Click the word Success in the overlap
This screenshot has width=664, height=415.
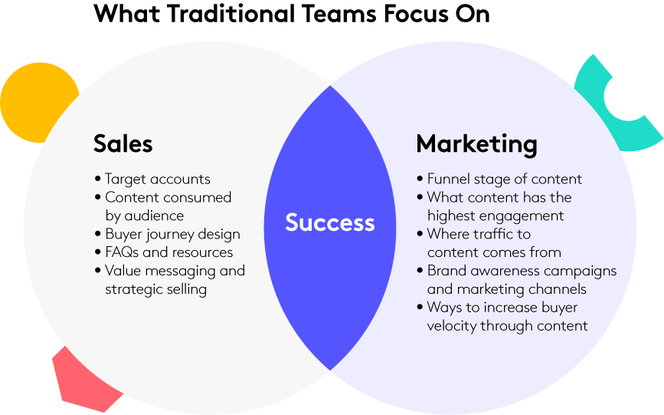(330, 222)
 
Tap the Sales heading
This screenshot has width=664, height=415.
(123, 143)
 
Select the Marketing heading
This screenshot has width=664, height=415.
(477, 145)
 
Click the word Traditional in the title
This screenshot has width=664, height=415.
(231, 13)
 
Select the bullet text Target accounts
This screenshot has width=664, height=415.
(158, 179)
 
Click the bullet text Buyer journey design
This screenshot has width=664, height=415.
(173, 234)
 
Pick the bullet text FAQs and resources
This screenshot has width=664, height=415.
(169, 252)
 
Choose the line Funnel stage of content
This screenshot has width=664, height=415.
(505, 179)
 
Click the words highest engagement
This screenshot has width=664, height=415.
(496, 216)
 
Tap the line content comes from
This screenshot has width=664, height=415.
(494, 252)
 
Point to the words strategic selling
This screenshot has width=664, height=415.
(155, 289)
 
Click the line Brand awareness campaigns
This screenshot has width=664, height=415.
(522, 271)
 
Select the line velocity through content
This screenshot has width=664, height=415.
(507, 326)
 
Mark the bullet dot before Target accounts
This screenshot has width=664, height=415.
(98, 179)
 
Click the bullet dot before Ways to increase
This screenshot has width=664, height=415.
(420, 307)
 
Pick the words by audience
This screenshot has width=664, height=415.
(145, 216)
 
